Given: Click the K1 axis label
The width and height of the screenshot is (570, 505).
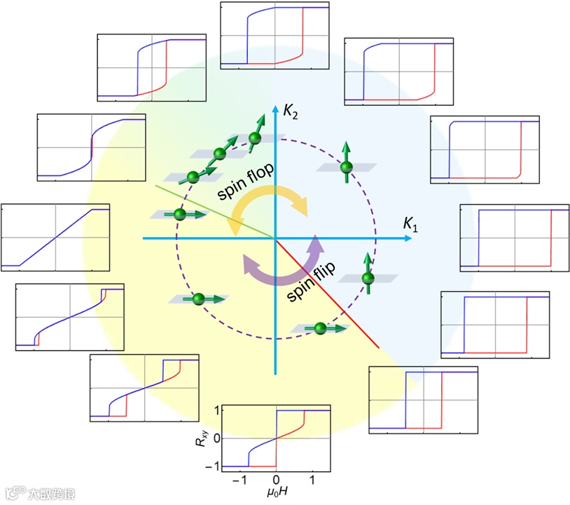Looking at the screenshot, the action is pyautogui.click(x=411, y=224).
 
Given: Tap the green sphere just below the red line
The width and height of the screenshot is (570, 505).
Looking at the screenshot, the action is pyautogui.click(x=320, y=328).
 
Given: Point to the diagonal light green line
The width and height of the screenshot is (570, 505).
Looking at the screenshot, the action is pyautogui.click(x=214, y=212).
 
